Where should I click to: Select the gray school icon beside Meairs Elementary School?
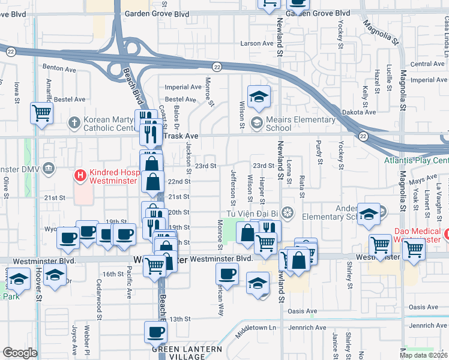[x=257, y=124]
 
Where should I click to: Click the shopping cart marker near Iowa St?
[x=41, y=112]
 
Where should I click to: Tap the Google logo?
[x=20, y=353]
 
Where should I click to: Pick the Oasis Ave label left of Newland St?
[x=302, y=311]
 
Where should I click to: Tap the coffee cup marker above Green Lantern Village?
[x=156, y=332]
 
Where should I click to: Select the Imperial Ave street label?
[x=183, y=87]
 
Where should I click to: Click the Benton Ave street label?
[x=59, y=69]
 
